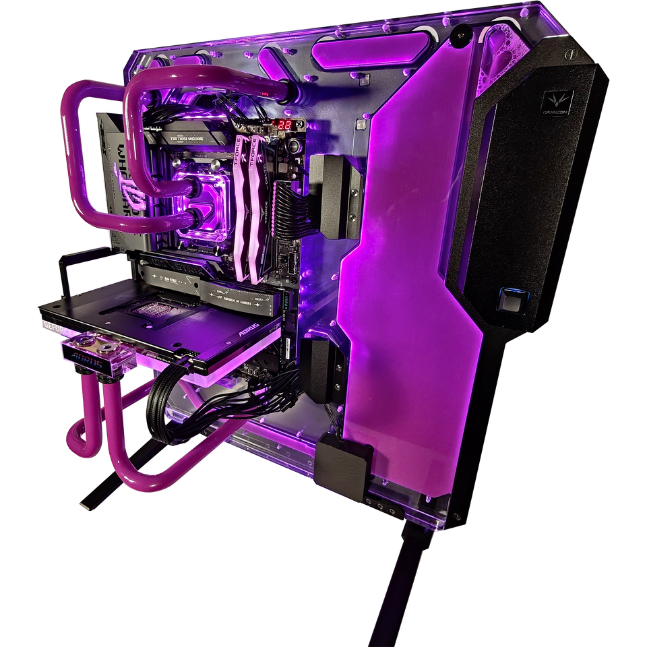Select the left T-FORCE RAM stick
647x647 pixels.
pos(243,202)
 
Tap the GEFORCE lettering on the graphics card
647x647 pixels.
pos(49,324)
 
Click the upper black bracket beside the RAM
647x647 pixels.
pos(334,195)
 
